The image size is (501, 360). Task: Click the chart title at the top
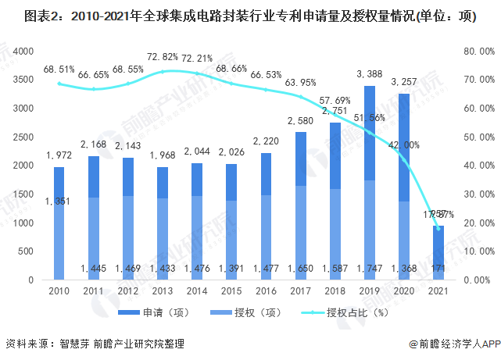pos(250,16)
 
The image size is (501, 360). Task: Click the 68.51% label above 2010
pos(58,70)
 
